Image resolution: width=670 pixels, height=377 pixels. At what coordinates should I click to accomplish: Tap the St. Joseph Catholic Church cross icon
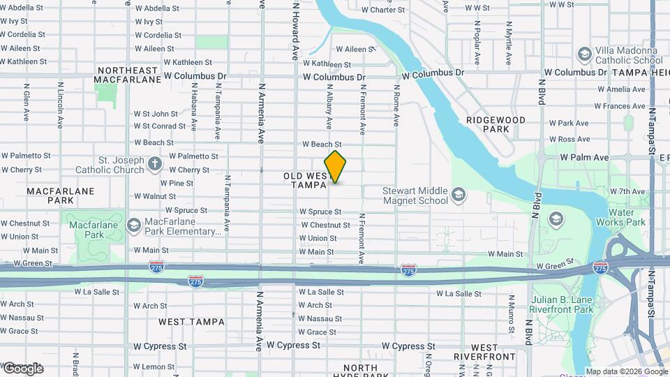tap(155, 165)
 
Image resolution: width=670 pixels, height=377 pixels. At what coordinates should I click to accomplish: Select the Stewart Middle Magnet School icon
tap(459, 193)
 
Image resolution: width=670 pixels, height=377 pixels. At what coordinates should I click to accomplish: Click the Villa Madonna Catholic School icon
tap(584, 54)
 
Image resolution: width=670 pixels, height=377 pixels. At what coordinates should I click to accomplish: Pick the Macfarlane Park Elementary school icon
tap(133, 225)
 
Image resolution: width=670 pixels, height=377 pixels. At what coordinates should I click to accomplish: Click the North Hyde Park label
tap(360, 372)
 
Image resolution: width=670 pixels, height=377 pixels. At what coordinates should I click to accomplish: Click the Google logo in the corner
tap(22, 368)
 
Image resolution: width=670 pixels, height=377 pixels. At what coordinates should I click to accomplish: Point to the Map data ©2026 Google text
tap(626, 371)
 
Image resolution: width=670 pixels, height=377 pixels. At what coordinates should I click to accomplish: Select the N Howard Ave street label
tap(296, 31)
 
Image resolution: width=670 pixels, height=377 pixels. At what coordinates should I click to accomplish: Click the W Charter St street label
tap(383, 10)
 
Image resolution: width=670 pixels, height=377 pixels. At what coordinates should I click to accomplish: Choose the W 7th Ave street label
tap(627, 191)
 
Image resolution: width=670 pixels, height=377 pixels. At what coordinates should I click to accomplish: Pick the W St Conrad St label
tap(160, 126)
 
